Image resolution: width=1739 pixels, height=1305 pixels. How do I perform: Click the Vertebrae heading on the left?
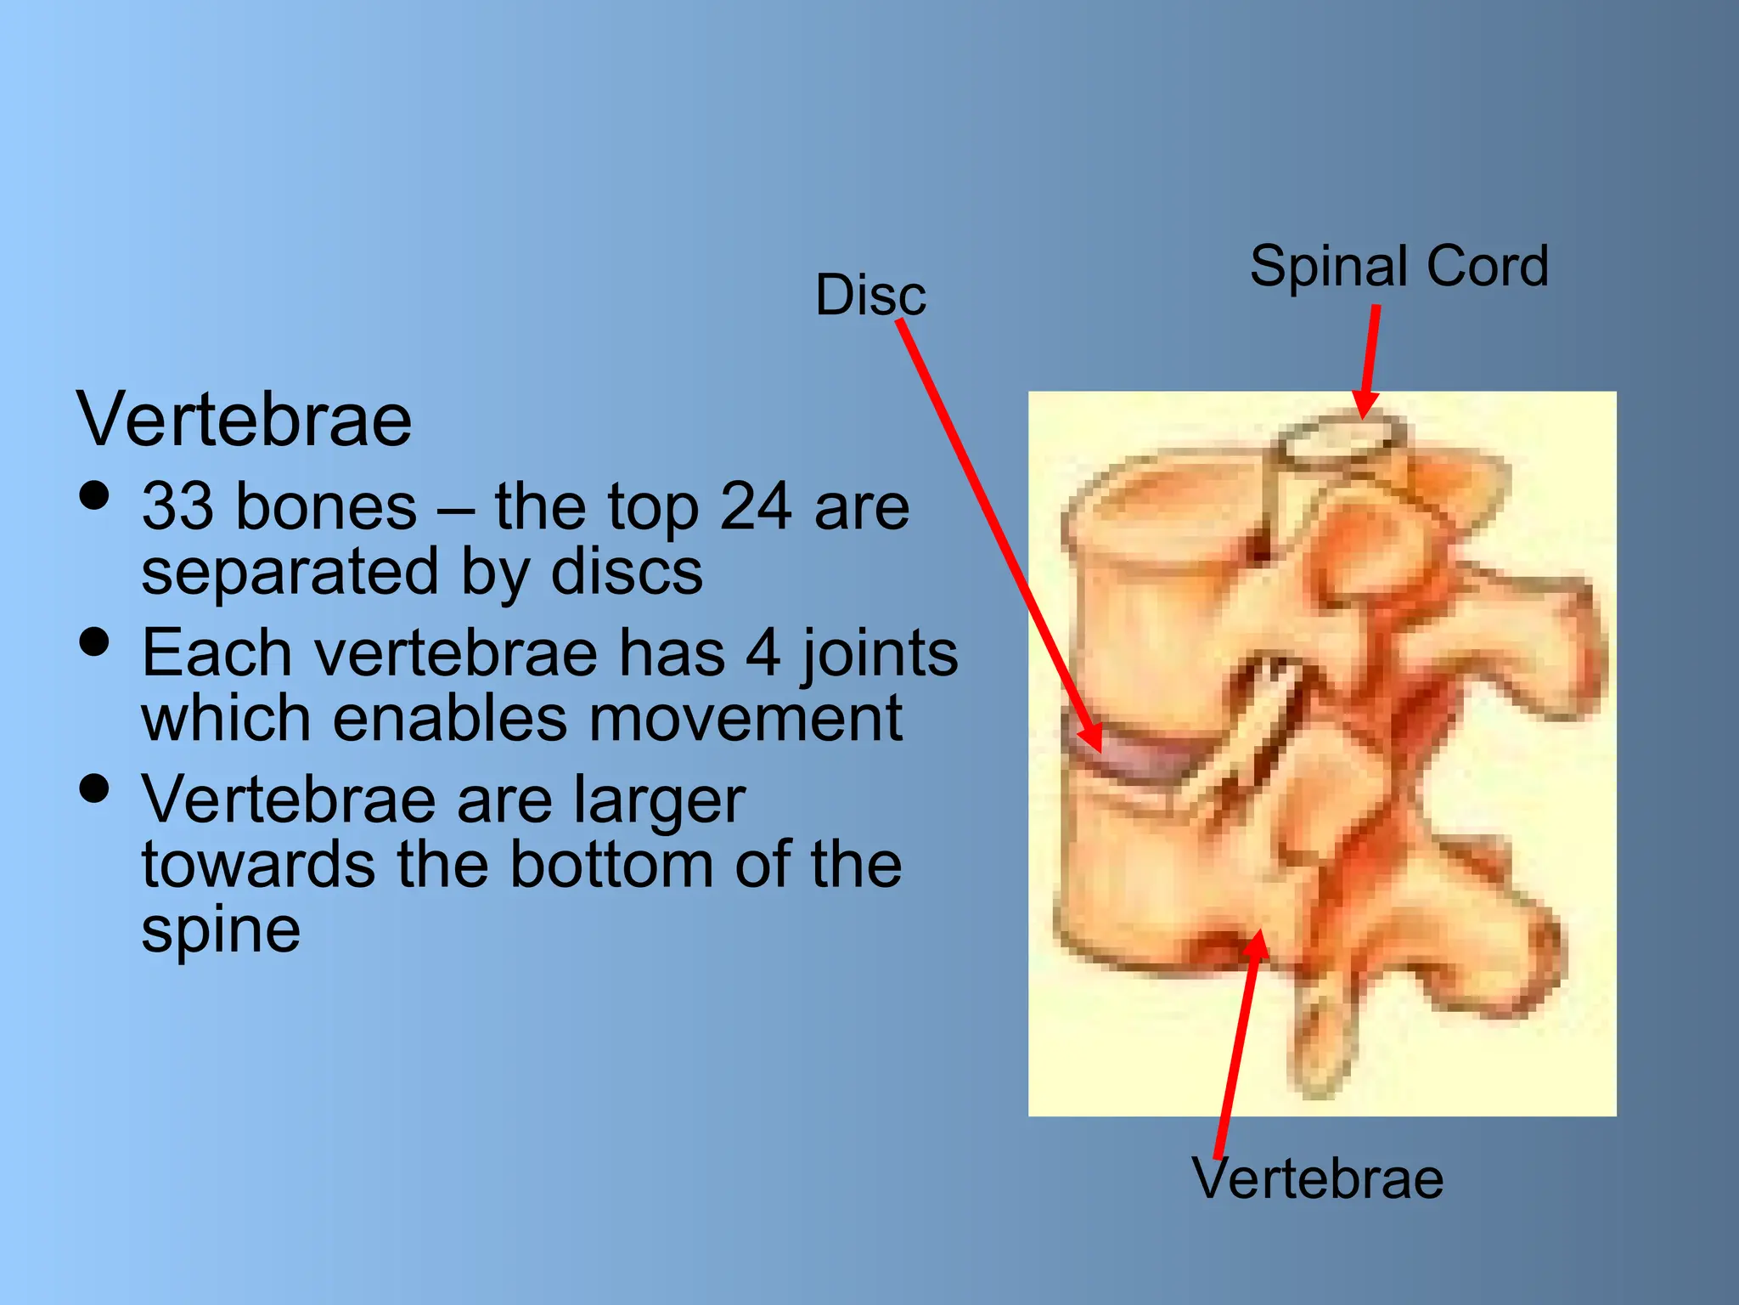point(244,420)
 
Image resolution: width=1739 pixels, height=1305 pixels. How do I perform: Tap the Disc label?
point(870,295)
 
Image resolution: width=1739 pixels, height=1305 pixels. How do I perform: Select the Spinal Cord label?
point(1399,266)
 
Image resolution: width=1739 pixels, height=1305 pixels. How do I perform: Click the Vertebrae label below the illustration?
point(1317,1178)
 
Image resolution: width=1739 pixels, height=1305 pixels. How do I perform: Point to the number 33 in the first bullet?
point(177,506)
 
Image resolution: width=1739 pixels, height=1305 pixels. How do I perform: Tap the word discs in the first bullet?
point(627,571)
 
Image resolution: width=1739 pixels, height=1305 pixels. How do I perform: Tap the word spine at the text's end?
point(221,931)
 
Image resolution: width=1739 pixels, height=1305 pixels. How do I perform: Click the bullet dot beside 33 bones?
point(94,495)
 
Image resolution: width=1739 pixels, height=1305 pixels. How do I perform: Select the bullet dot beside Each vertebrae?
point(94,641)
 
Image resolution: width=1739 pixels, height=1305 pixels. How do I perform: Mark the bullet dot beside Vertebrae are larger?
point(94,788)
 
